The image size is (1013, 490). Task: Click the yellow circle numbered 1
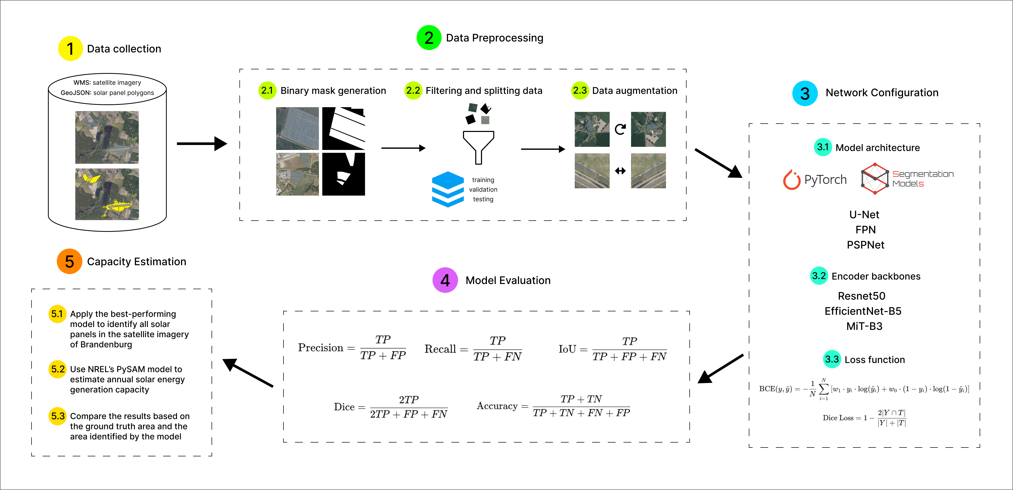pos(70,49)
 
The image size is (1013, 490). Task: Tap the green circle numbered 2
pos(429,38)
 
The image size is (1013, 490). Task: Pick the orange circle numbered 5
pos(69,261)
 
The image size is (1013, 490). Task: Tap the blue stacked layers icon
pos(448,189)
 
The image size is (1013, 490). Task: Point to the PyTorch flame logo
pos(792,180)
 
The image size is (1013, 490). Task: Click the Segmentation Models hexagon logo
pos(875,179)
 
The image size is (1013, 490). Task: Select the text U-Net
pos(864,215)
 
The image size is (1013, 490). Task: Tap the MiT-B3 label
pos(864,326)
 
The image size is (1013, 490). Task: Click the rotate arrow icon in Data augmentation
pos(620,129)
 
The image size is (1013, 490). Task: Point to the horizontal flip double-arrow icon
pos(620,171)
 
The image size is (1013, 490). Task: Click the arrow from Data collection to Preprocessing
pos(202,144)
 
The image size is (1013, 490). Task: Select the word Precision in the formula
pos(320,348)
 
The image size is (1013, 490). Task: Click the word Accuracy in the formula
pos(497,406)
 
